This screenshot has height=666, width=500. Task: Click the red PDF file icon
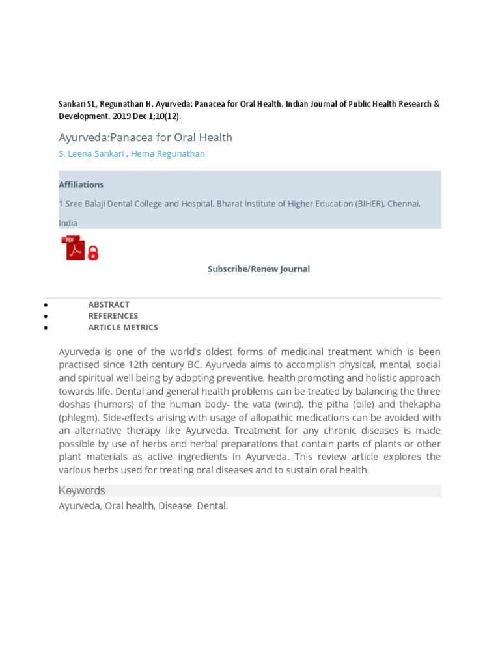click(x=73, y=248)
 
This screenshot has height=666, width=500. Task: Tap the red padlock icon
click(x=93, y=252)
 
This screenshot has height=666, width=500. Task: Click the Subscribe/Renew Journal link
click(x=258, y=269)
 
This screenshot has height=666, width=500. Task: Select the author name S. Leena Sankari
click(x=90, y=153)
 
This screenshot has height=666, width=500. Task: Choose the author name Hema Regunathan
click(x=167, y=153)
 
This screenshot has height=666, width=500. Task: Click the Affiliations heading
click(x=81, y=185)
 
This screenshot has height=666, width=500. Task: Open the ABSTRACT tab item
click(x=109, y=304)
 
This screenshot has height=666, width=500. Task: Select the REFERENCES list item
click(x=113, y=316)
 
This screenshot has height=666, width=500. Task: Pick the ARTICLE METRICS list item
click(x=122, y=328)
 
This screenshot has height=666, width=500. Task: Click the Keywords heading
click(x=81, y=491)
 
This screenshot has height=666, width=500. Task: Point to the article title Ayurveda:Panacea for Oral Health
click(x=145, y=137)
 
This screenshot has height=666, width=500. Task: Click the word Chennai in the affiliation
click(x=404, y=204)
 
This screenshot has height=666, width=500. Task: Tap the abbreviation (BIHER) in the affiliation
click(x=369, y=204)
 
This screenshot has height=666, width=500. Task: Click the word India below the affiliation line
click(x=68, y=223)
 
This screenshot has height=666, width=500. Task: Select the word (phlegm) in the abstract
click(x=79, y=418)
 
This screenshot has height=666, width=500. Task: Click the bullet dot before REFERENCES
click(x=45, y=317)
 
